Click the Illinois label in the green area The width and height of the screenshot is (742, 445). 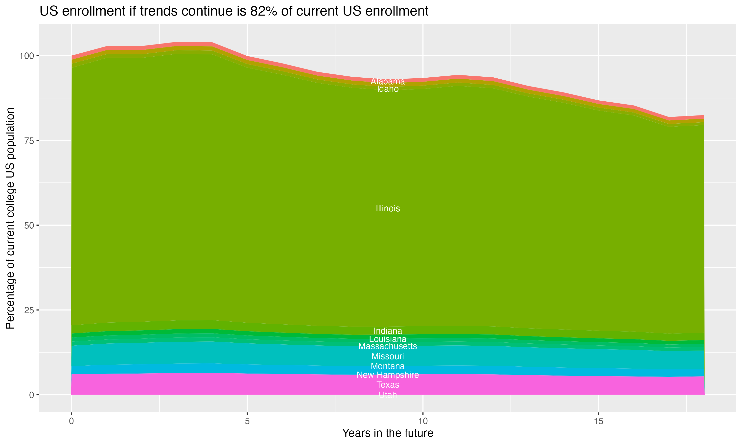pos(388,208)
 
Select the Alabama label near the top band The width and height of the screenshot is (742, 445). pos(388,81)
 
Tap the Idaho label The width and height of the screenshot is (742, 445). pos(388,89)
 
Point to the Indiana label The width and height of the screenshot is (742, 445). pos(388,331)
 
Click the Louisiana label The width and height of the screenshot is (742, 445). pos(388,339)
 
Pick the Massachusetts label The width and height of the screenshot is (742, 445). pos(388,346)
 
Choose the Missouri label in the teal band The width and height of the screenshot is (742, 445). pos(388,356)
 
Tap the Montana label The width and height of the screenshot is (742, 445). pos(388,366)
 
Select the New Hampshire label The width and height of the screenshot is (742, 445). pos(388,375)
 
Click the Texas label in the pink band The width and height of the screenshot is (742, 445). pos(388,385)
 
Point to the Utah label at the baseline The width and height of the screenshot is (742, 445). pos(388,395)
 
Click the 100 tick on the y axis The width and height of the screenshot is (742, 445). pos(27,56)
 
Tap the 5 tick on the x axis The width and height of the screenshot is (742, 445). pos(247,421)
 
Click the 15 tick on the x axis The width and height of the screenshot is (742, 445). pos(598,421)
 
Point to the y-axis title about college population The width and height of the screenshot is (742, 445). pos(10,218)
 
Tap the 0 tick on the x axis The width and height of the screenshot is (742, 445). pos(71,421)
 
